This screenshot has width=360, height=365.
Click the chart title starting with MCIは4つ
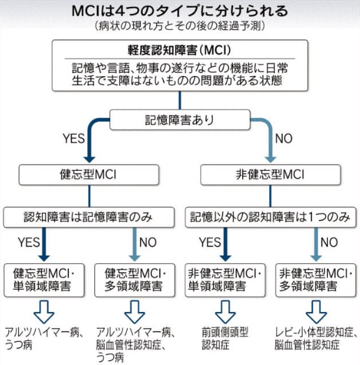pyautogui.click(x=179, y=11)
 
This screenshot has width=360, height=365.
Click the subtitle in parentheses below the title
pyautogui.click(x=180, y=26)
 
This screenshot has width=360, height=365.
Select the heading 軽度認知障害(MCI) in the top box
pyautogui.click(x=179, y=50)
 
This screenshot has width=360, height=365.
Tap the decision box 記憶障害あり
pyautogui.click(x=179, y=120)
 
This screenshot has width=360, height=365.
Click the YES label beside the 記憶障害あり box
pyautogui.click(x=73, y=138)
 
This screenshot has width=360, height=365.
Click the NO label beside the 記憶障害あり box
pyautogui.click(x=284, y=138)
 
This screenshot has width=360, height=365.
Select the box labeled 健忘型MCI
pyautogui.click(x=89, y=174)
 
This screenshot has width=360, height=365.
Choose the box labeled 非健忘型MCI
pyautogui.click(x=271, y=174)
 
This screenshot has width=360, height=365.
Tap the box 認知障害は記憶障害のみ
pyautogui.click(x=89, y=217)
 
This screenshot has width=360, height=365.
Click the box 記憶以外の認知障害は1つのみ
pyautogui.click(x=271, y=217)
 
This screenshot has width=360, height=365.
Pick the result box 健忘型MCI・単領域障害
pyautogui.click(x=44, y=280)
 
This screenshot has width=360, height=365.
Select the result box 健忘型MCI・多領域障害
pyautogui.click(x=135, y=280)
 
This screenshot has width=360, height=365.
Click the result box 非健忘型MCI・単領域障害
pyautogui.click(x=225, y=280)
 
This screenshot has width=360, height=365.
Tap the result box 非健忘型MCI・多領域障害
pyautogui.click(x=316, y=280)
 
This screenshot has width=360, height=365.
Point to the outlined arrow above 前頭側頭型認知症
pyautogui.click(x=225, y=312)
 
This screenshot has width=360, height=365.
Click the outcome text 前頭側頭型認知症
pyautogui.click(x=225, y=338)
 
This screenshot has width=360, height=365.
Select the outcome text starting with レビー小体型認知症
pyautogui.click(x=316, y=338)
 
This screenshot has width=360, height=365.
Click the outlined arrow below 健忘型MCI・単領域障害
pyautogui.click(x=44, y=312)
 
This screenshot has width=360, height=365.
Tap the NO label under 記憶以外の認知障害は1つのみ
pyautogui.click(x=329, y=242)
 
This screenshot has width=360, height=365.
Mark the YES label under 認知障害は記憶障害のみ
pyautogui.click(x=29, y=242)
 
